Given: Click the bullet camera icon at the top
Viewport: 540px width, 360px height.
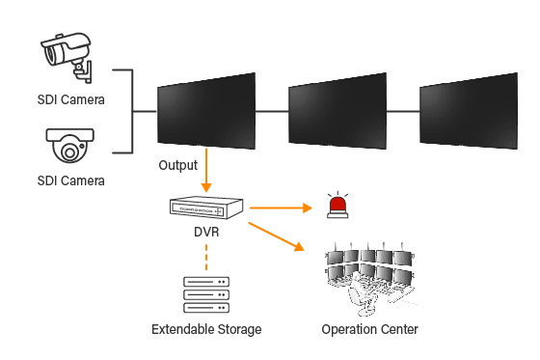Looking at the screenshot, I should (67, 54).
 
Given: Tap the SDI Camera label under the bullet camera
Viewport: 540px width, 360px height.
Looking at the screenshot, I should (70, 98).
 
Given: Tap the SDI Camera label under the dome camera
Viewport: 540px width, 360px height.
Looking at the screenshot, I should (70, 180).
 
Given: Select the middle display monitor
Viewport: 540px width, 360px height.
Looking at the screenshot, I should (337, 112).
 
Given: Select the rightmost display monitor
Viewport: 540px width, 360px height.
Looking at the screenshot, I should (468, 112).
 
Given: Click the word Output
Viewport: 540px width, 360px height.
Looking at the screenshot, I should (178, 165).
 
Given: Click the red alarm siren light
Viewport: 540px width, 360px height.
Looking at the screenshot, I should (337, 206).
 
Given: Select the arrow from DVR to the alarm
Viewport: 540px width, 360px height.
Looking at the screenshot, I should (281, 207).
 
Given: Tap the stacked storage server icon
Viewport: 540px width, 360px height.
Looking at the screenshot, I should (206, 293).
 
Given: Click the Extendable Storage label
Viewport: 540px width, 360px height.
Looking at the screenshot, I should (206, 330).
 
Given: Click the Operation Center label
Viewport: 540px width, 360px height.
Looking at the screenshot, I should (370, 330).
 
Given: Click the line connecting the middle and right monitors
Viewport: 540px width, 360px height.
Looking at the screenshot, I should (403, 112).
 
